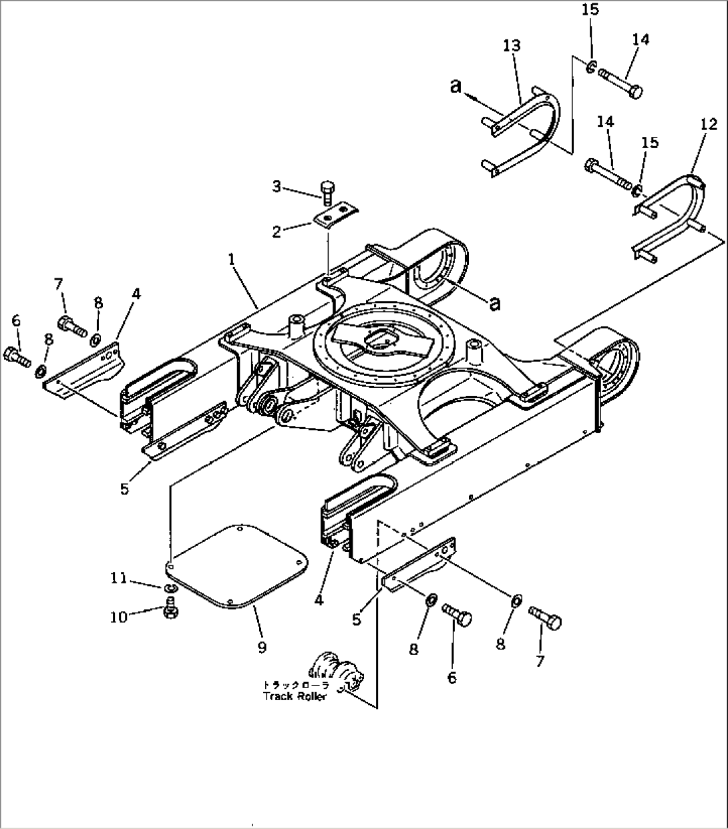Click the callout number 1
[x=232, y=260]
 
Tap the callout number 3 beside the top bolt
[x=277, y=187]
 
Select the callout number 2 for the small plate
[x=277, y=232]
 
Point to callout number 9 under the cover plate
[x=262, y=647]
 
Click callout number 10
[x=119, y=617]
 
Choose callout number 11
[x=119, y=578]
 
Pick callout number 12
[x=709, y=124]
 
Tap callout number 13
[x=512, y=45]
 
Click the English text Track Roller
[x=295, y=696]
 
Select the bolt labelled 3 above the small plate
[x=327, y=193]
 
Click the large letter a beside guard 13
[x=456, y=86]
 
